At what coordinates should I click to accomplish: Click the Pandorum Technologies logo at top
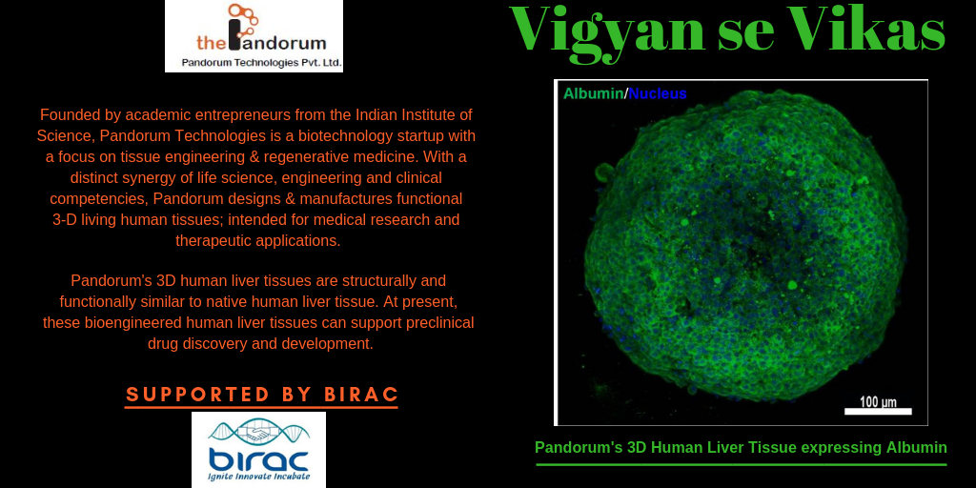(x=254, y=36)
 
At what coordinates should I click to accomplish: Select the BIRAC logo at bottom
(x=258, y=450)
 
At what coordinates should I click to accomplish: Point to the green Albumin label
(x=593, y=94)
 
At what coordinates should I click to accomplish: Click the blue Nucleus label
(x=658, y=94)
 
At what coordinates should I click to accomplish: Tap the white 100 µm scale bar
(x=878, y=412)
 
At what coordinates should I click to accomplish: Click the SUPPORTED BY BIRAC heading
(x=261, y=395)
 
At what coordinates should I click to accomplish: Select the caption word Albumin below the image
(x=916, y=448)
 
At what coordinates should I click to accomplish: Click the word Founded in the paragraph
(x=65, y=115)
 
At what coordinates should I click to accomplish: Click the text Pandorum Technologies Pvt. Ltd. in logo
(x=261, y=62)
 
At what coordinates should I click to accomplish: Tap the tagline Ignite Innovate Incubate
(x=258, y=478)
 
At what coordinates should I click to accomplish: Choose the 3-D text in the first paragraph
(x=64, y=220)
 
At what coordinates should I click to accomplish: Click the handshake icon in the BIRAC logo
(x=258, y=431)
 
